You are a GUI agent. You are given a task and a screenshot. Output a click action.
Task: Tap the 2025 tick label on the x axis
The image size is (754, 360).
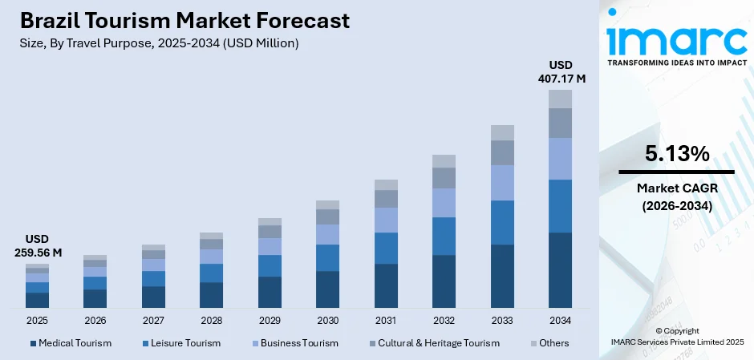37,321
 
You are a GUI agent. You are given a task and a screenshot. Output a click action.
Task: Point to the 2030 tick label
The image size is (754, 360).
327,321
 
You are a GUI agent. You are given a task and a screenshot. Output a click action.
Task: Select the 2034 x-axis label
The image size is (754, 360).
560,321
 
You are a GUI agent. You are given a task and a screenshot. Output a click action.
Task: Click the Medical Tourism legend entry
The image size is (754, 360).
71,343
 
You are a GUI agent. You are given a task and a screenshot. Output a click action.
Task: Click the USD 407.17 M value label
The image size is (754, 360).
561,71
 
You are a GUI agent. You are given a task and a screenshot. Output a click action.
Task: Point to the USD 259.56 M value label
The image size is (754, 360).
37,245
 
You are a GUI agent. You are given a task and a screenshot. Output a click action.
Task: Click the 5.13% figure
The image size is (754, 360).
675,154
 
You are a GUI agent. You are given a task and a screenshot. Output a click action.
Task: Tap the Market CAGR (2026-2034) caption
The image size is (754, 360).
675,196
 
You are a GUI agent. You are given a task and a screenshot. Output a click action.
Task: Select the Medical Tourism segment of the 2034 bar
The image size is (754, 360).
560,270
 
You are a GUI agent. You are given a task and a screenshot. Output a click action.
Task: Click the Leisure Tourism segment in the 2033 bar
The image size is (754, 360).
502,222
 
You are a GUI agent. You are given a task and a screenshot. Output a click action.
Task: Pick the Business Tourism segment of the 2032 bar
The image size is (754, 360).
444,203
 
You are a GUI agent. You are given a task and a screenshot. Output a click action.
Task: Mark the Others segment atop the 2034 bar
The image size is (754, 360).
560,99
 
